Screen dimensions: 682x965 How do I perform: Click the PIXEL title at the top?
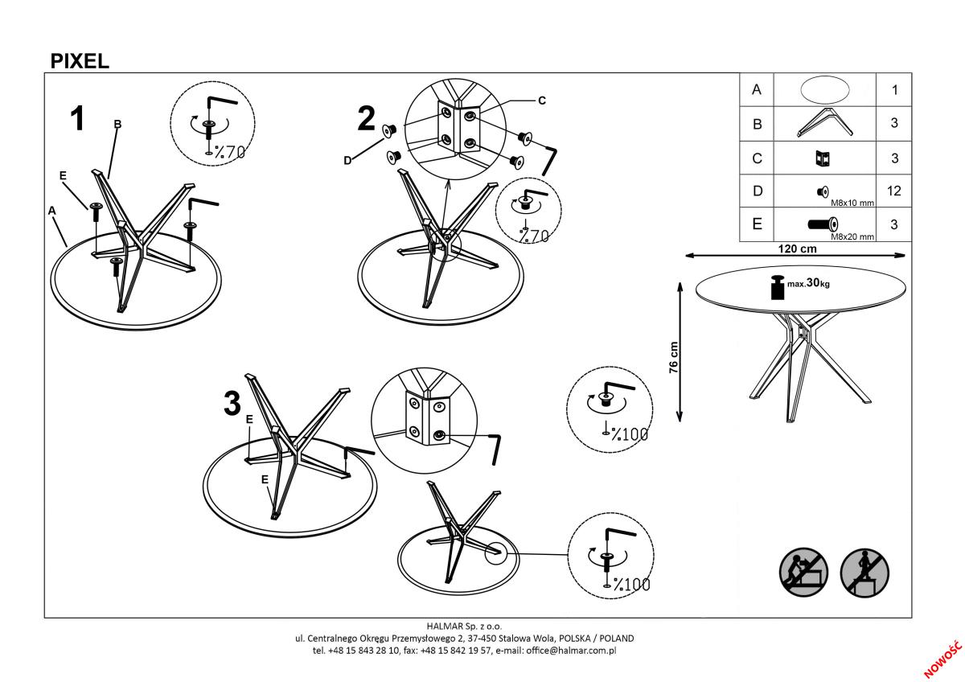[80, 61]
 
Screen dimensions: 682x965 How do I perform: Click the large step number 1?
[77, 119]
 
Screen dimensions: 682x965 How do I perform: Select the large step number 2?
[366, 119]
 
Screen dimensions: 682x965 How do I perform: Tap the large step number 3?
[232, 403]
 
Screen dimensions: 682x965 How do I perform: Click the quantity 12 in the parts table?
[894, 191]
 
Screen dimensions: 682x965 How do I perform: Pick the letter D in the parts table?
[756, 191]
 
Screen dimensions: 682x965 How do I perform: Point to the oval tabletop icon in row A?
[823, 89]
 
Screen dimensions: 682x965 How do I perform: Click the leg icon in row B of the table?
[823, 124]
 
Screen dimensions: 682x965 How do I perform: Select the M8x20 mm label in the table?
[852, 236]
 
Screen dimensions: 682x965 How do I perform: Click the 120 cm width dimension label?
[797, 249]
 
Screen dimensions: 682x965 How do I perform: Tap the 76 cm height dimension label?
[674, 356]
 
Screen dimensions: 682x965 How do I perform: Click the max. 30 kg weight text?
[809, 284]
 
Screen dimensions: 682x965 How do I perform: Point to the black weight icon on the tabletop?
[778, 288]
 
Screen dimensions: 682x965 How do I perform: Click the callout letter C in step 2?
[541, 101]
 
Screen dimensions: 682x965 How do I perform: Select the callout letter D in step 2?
[347, 160]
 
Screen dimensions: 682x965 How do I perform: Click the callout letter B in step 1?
[117, 124]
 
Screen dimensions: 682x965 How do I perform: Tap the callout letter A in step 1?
[52, 211]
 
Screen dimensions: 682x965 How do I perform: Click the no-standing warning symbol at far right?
[865, 573]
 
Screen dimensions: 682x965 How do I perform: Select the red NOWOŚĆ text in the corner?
[942, 659]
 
